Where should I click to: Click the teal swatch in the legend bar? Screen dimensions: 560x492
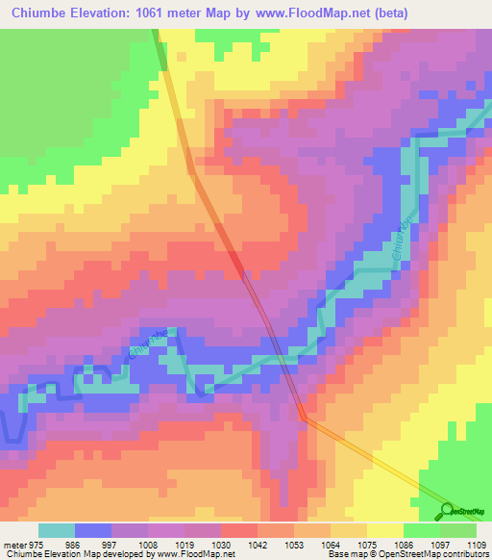(x=57, y=530)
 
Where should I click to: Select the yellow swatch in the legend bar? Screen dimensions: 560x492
(x=384, y=530)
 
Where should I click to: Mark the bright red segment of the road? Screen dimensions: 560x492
(x=236, y=261)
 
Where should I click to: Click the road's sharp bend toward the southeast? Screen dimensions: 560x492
(x=304, y=417)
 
